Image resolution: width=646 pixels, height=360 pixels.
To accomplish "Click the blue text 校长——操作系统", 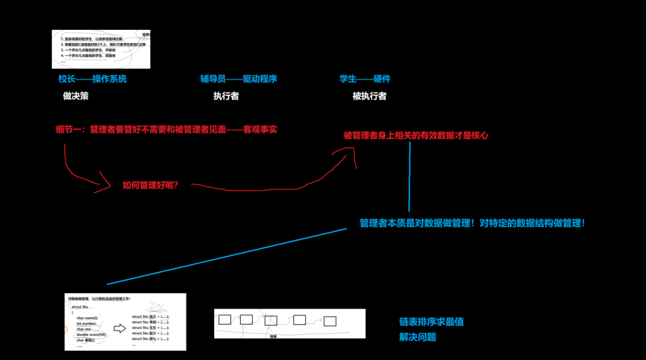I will (x=92, y=79).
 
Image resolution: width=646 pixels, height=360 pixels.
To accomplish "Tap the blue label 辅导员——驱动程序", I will (x=238, y=79).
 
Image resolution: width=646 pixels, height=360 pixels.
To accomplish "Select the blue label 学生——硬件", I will (x=365, y=79).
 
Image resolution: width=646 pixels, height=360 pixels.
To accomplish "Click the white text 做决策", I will (x=76, y=96).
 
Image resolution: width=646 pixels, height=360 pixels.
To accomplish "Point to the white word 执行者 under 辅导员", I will (x=226, y=96).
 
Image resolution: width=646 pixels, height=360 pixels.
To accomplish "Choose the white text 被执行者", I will (x=369, y=96).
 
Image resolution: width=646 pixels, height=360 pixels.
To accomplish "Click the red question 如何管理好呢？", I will (x=150, y=185).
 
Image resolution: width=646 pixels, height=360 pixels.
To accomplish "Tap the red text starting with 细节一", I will (x=166, y=130).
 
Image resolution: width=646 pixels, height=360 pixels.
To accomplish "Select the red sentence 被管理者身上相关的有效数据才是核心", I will (x=416, y=135).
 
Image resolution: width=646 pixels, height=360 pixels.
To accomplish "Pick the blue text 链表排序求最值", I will (x=431, y=322).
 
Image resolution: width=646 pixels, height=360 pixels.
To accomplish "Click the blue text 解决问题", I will (x=417, y=337).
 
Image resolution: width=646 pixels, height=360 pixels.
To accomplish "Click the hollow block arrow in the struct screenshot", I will (x=120, y=329).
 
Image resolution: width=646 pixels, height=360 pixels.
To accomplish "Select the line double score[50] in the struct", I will (x=92, y=335).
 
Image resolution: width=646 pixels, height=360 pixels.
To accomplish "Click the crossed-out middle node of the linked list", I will (x=271, y=320).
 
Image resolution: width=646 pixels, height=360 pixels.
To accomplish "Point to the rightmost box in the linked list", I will (x=330, y=321).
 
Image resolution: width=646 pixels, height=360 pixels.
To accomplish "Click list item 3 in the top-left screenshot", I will (x=89, y=50).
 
